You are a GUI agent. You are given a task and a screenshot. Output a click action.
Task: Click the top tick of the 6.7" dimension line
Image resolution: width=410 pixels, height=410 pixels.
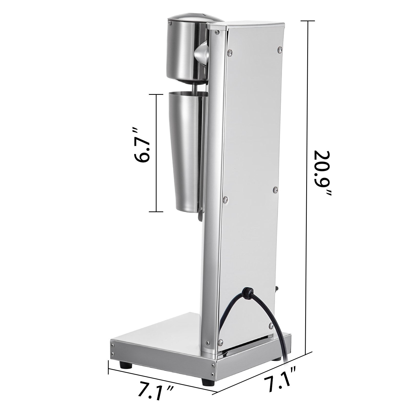pyautogui.click(x=156, y=95)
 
